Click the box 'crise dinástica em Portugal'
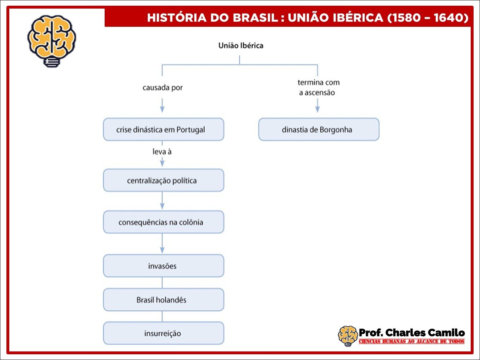pyautogui.click(x=164, y=129)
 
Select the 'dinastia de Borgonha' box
pyautogui.click(x=319, y=129)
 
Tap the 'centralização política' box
pyautogui.click(x=164, y=180)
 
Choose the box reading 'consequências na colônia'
pyautogui.click(x=164, y=222)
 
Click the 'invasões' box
pyautogui.click(x=164, y=266)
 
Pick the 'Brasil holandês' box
pyautogui.click(x=164, y=300)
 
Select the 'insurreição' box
pyautogui.click(x=164, y=333)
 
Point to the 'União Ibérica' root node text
pyautogui.click(x=241, y=45)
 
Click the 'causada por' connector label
pyautogui.click(x=162, y=87)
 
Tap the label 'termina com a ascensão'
pyautogui.click(x=319, y=87)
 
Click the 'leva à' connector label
pyautogui.click(x=162, y=151)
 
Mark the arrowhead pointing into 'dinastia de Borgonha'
pyautogui.click(x=317, y=110)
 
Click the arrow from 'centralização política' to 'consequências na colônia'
pyautogui.click(x=162, y=201)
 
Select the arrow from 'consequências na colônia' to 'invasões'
pyautogui.click(x=162, y=244)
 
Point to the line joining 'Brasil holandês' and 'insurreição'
pyautogui.click(x=162, y=316)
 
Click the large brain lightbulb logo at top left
pyautogui.click(x=52, y=41)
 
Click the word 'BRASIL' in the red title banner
pyautogui.click(x=255, y=18)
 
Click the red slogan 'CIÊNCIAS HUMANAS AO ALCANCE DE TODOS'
pyautogui.click(x=411, y=341)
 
